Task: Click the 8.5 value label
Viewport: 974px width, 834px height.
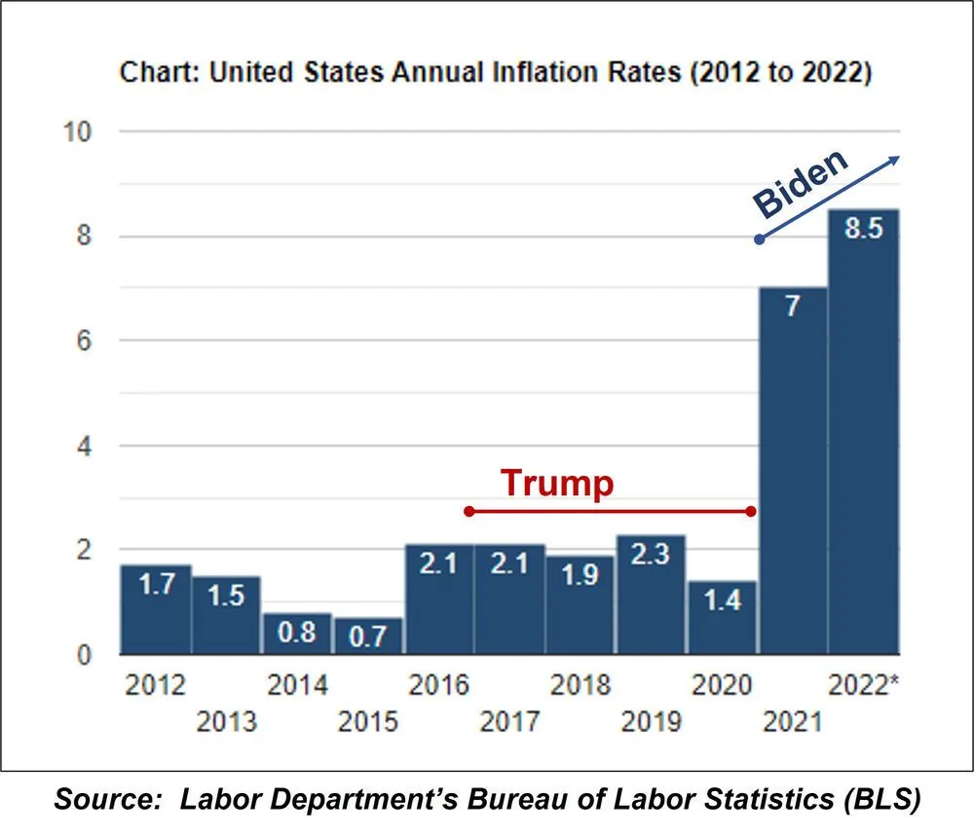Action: (863, 234)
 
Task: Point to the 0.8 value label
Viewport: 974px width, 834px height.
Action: (297, 634)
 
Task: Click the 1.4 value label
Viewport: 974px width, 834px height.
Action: (722, 599)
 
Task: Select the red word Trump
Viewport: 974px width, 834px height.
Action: (557, 484)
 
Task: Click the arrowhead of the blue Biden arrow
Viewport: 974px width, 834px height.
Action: (898, 159)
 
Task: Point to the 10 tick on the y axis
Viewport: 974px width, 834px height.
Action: (77, 131)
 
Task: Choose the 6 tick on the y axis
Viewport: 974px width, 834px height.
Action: (85, 341)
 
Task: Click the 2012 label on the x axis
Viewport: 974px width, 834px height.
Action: (156, 685)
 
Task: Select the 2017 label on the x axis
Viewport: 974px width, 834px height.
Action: (509, 722)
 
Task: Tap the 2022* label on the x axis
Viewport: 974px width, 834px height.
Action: (864, 685)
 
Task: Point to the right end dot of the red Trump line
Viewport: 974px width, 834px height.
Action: (751, 511)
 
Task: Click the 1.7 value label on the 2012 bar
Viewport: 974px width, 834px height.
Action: (156, 588)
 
